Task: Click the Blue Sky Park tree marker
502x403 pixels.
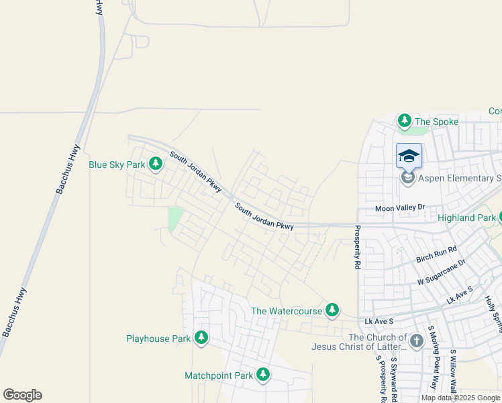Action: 156,164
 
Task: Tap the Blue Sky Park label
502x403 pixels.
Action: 117,165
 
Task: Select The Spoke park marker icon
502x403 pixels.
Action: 404,121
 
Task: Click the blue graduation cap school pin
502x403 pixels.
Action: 409,156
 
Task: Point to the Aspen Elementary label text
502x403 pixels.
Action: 460,178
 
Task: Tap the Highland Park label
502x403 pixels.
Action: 466,218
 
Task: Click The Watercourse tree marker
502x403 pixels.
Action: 332,310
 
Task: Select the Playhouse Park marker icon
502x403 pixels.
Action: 201,338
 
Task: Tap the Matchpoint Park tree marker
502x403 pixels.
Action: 263,375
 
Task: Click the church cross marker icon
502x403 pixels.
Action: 416,341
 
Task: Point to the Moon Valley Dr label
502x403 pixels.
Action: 400,208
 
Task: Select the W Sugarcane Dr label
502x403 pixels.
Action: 441,271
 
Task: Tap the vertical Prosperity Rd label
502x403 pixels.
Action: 357,247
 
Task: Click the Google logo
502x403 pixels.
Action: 22,395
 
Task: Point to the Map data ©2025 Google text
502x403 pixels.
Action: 460,398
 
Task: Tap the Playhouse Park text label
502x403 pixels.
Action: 158,339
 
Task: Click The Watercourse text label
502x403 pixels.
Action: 286,311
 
